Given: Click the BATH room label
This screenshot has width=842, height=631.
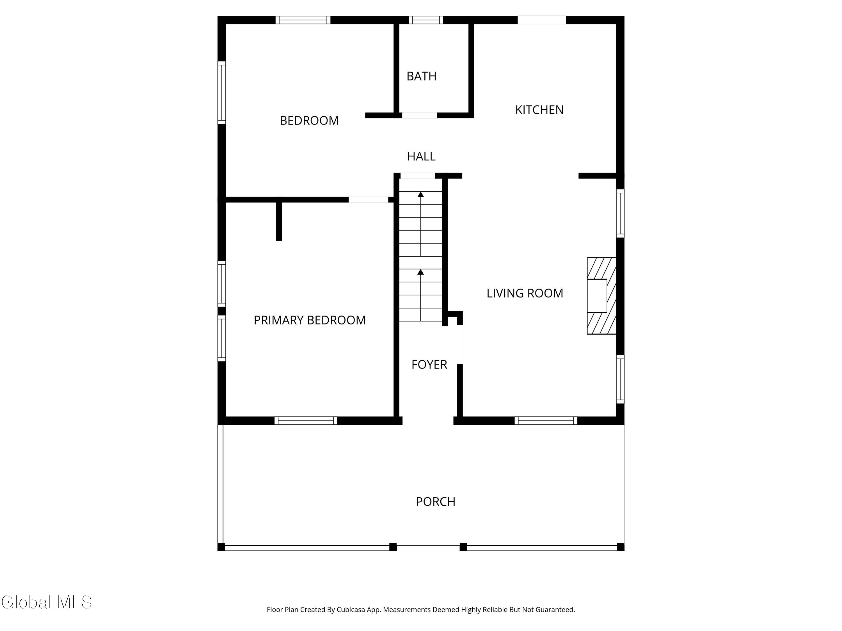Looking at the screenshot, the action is pos(421,76).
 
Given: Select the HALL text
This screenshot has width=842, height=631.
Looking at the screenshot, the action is pos(421,156).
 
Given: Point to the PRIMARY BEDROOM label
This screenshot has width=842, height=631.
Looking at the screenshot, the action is pos(310,320).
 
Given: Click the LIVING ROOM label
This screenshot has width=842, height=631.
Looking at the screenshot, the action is pos(525,293).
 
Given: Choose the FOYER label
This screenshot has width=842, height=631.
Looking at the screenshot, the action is pos(429,365).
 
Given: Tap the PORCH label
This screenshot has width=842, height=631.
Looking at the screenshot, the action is pos(436,502).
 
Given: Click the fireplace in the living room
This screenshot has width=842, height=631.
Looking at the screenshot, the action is pos(601,296).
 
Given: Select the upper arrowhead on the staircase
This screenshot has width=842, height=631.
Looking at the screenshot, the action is pos(421,194).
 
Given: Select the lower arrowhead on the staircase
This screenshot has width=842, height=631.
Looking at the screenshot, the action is pos(421,272).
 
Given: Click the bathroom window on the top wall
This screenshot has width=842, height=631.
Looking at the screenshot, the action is pos(426,20).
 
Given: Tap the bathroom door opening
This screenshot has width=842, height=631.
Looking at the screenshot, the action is pos(420,115).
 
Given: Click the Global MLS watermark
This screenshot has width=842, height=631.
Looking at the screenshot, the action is pos(46,602).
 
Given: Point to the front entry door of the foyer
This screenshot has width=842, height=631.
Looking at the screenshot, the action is pos(428,421).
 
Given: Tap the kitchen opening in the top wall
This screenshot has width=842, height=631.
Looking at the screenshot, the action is pos(542,20).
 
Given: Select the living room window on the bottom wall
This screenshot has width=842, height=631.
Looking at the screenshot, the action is pos(546,421).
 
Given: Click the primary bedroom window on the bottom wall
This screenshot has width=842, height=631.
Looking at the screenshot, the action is pos(306,421).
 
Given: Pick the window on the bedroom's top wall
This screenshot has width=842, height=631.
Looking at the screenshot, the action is pos(303,20).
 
